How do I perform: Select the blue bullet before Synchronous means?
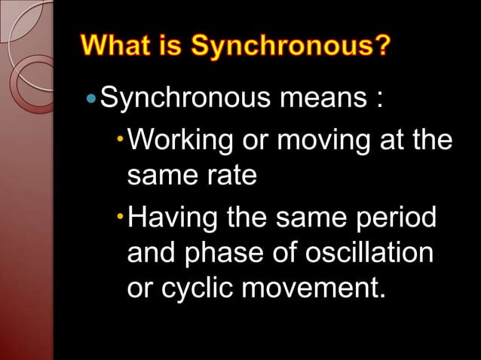coord(92,98)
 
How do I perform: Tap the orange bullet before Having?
coord(121,217)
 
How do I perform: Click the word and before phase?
coord(151,253)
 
